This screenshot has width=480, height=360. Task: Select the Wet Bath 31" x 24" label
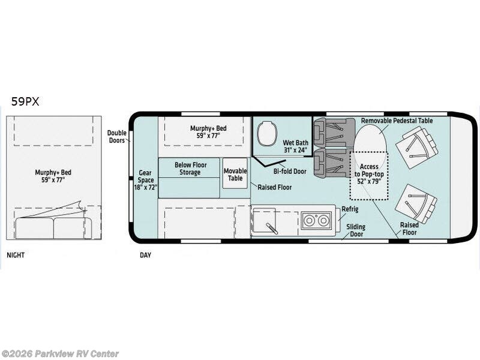pos(295,146)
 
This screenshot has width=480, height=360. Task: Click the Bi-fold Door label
pos(290,172)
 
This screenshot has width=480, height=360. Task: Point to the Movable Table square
pos(235,173)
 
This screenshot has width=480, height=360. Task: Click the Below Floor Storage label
pos(190,169)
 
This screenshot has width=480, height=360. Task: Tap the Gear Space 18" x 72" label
pos(145,180)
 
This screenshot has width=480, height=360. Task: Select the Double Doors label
pos(116,137)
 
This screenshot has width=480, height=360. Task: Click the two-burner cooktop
pos(316,220)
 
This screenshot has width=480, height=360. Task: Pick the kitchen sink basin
pos(264,220)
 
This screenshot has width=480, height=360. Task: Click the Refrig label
pos(350,209)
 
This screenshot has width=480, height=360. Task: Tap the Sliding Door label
pos(356,230)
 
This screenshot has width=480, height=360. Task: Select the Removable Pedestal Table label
pos(397,121)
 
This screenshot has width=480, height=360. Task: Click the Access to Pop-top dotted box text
pos(369,174)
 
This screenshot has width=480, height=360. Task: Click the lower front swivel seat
pos(416,204)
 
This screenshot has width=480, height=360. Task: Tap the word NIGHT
pos(16,255)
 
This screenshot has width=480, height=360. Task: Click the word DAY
pos(145,255)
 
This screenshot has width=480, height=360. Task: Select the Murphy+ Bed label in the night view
pos(53,176)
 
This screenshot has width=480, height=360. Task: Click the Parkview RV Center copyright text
pos(59,354)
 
